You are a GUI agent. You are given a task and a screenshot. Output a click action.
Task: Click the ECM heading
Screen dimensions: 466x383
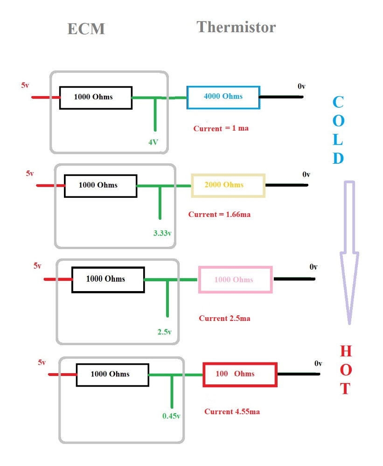pos(86,29)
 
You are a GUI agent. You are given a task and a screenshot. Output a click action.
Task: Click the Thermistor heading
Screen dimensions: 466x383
pos(236,27)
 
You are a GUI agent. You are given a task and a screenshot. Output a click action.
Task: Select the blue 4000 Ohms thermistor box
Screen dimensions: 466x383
pos(223,97)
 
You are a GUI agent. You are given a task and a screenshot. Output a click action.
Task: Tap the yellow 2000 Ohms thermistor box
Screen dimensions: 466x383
pos(228,185)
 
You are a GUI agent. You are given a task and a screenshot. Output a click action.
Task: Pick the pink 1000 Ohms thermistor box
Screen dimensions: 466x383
pos(235,279)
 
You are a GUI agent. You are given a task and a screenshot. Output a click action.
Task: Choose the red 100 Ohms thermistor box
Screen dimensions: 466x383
pos(240,374)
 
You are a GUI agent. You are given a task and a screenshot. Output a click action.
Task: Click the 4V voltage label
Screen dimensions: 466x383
pos(153,142)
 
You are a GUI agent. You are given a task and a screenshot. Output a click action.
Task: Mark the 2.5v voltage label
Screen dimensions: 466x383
pos(165,332)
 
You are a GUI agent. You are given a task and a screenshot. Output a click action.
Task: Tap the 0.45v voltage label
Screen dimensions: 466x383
pos(171,416)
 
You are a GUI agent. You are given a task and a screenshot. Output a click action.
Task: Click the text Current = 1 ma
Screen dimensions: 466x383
pos(221,128)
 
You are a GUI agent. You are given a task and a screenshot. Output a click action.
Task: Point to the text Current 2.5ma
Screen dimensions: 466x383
pos(224,319)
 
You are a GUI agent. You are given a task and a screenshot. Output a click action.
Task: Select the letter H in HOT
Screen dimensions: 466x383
pos(346,351)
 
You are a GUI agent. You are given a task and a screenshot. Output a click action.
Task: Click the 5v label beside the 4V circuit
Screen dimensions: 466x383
pos(25,85)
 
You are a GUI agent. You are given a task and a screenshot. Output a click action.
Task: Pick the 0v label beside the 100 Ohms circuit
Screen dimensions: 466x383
pos(318,363)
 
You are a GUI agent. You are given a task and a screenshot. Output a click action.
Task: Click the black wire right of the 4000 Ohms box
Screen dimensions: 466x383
pos(281,97)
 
